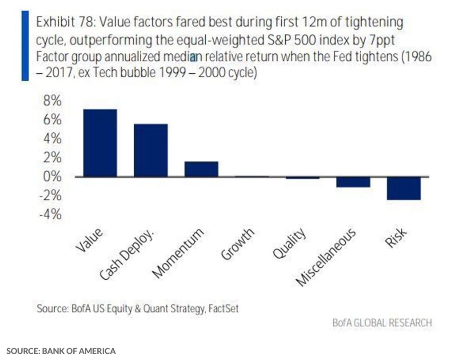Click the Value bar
pos(100,143)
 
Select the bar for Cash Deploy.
pos(151,150)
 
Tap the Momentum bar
pos(201,169)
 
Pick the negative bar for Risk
pos(404,188)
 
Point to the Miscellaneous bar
pos(353,182)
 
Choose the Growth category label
pos(237,245)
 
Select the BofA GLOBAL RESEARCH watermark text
pos(382,323)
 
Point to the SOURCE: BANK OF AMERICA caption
pos(61,351)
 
